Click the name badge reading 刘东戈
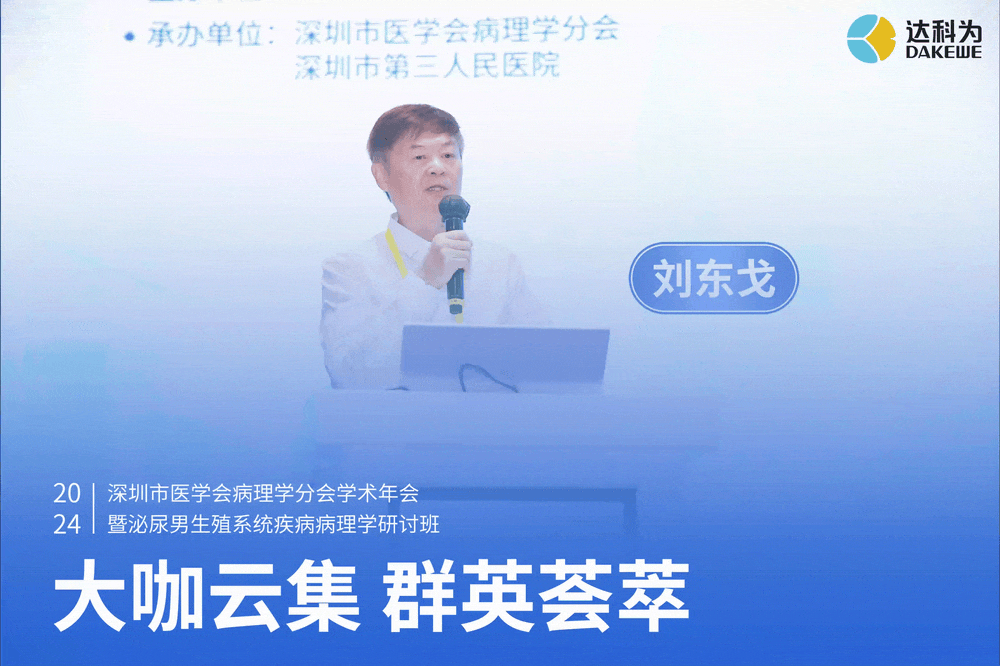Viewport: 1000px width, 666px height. (x=714, y=278)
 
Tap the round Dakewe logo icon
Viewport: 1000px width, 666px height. (x=871, y=39)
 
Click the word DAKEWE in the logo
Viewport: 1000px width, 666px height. (x=944, y=52)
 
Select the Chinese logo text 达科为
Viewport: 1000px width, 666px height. (x=944, y=29)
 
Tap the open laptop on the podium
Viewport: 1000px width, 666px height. (x=504, y=357)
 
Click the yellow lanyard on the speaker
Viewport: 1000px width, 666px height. (x=397, y=253)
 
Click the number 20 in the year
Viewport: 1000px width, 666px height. (x=67, y=493)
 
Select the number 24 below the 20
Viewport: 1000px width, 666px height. (x=67, y=524)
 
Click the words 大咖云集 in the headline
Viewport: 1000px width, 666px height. (x=207, y=595)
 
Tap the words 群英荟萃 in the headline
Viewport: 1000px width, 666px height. (x=536, y=595)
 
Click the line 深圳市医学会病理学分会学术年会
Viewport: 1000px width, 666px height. (x=263, y=493)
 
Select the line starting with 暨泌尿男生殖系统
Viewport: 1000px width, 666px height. (x=274, y=524)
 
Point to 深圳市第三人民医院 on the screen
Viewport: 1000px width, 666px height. (x=427, y=66)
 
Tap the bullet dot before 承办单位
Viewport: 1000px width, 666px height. (x=130, y=36)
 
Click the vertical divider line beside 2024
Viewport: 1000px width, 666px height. (x=94, y=508)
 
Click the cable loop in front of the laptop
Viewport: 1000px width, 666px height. (x=487, y=378)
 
